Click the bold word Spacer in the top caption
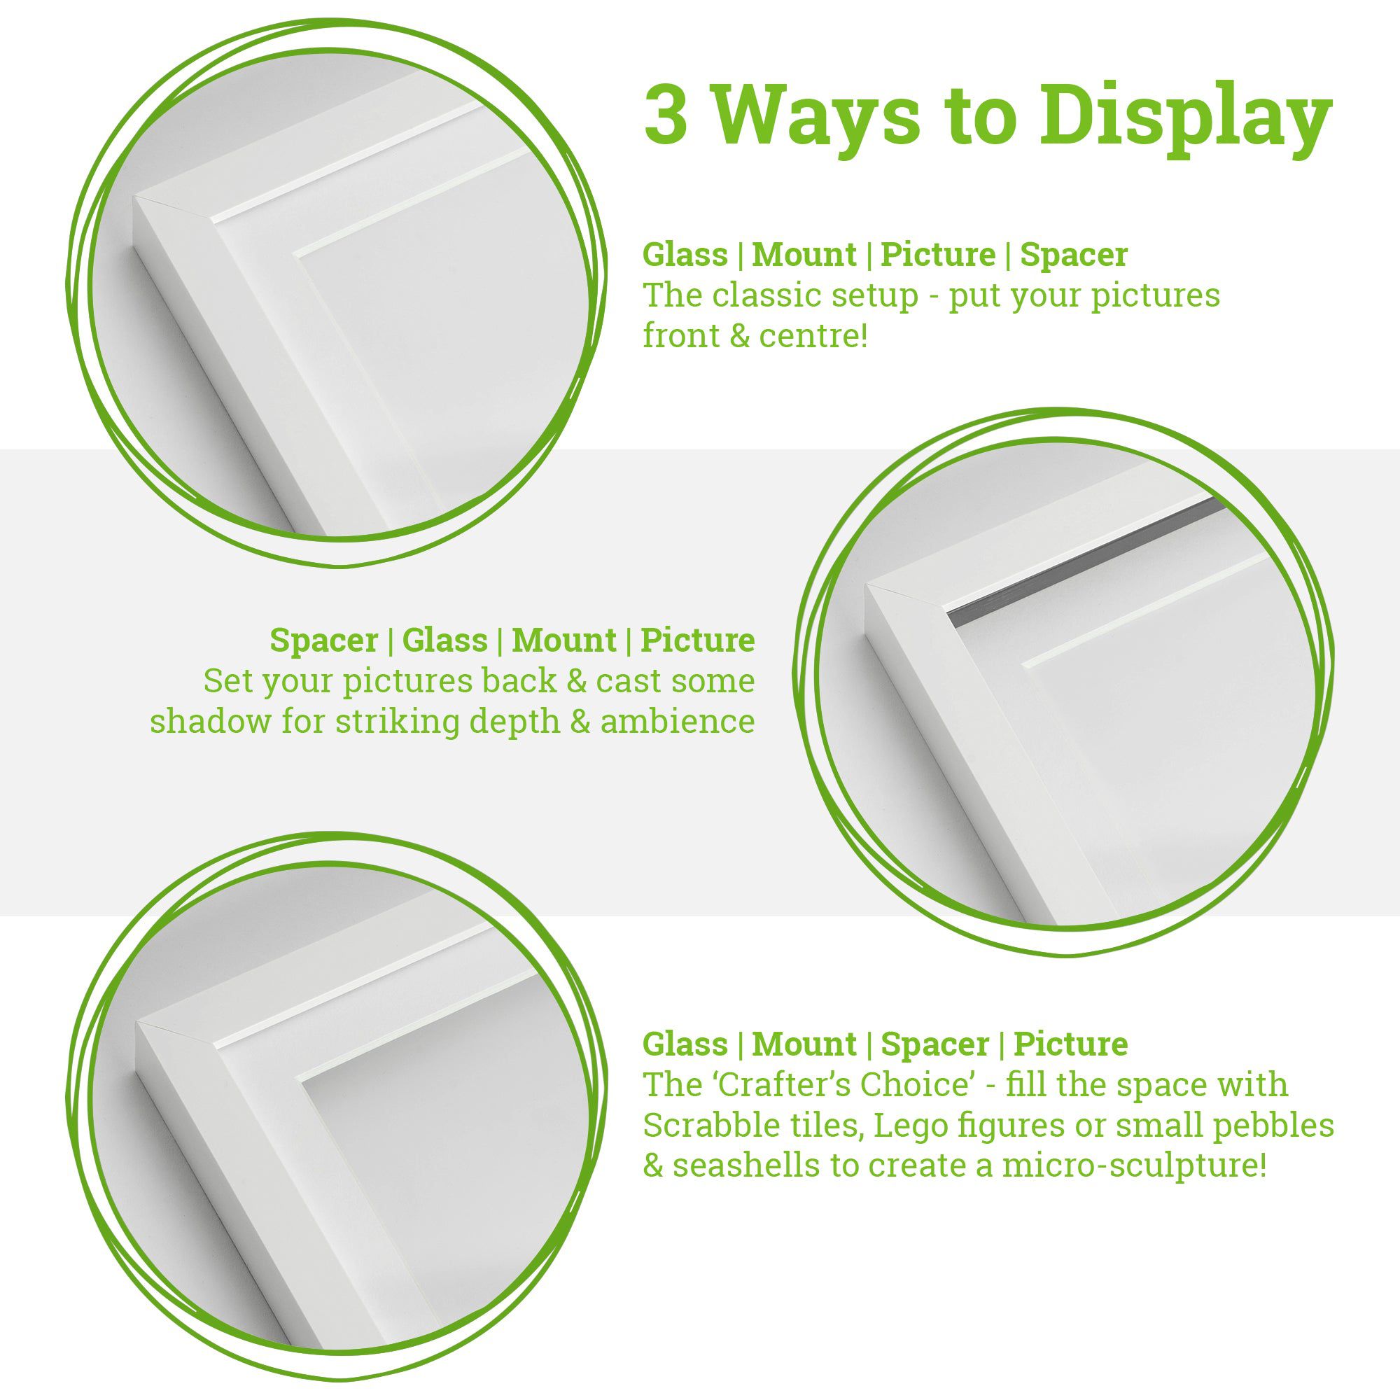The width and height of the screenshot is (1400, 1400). coord(1073,255)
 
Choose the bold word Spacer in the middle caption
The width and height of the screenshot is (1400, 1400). coord(324,640)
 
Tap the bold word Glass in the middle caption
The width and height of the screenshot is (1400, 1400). coord(444,640)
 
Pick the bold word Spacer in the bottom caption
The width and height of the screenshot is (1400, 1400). coord(934,1044)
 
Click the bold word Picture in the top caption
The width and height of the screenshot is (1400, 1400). coord(938,255)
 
